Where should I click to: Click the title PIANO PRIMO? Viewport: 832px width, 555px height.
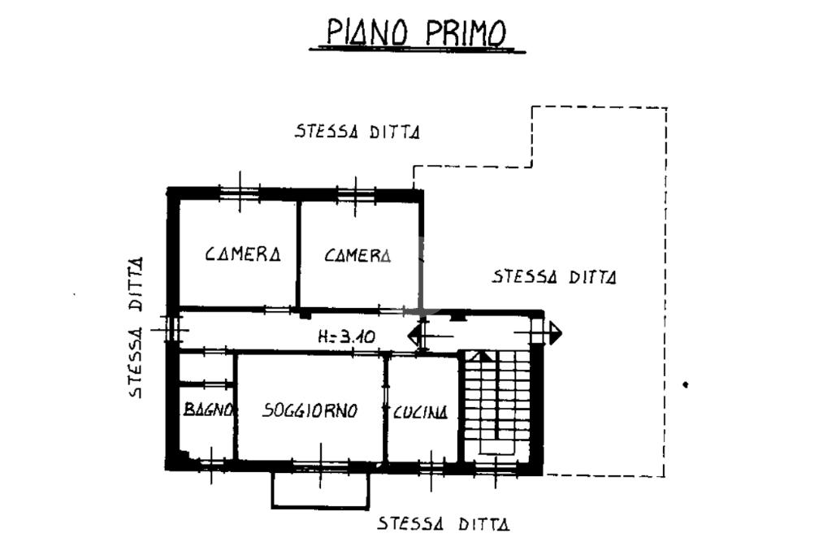(x=417, y=33)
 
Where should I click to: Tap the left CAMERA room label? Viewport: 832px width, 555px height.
(x=242, y=254)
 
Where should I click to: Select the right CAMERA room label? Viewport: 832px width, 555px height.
(x=357, y=256)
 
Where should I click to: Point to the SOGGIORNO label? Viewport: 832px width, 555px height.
(x=310, y=410)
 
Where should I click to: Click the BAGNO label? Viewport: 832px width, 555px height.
(x=208, y=409)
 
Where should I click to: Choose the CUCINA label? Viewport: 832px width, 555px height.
(x=420, y=412)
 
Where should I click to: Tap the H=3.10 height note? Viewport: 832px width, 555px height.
(x=346, y=336)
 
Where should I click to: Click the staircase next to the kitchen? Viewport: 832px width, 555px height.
(x=497, y=403)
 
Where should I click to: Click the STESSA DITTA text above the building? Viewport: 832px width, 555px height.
(x=357, y=131)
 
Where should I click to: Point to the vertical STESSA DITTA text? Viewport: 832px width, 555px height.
(x=136, y=327)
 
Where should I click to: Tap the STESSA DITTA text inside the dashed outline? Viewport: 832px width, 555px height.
(x=554, y=276)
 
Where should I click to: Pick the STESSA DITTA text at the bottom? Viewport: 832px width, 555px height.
(x=444, y=523)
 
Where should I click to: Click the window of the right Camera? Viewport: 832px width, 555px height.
(x=356, y=196)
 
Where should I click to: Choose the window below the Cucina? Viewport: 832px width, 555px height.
(x=431, y=469)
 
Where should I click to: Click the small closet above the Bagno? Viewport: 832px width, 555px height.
(x=206, y=367)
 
